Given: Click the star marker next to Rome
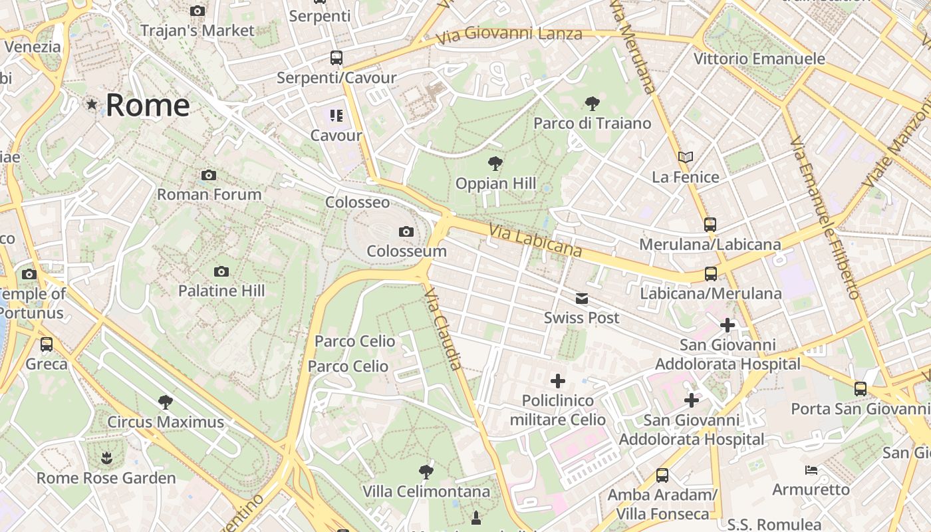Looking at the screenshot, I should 92,104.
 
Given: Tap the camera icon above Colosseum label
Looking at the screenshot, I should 406,231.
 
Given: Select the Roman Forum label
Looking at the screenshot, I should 209,194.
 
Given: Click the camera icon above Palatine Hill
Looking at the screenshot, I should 221,271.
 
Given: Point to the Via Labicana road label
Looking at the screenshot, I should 535,241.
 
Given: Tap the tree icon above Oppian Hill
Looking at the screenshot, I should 495,163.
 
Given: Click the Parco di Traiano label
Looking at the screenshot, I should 592,123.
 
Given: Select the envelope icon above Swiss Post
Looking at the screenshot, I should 582,299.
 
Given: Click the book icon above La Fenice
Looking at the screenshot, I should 686,158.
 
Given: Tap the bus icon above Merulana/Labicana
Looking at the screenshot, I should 710,225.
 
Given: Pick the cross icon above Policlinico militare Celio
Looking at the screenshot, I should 558,381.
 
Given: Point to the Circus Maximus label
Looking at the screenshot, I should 166,422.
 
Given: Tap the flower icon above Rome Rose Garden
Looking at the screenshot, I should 106,458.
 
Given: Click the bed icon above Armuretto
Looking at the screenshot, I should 811,470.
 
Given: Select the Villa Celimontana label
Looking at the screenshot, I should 426,492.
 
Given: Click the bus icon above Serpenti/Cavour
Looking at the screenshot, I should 336,58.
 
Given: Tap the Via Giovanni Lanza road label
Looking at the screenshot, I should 509,35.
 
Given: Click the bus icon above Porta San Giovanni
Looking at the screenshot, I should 861,388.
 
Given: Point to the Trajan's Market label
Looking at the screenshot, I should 197,30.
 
